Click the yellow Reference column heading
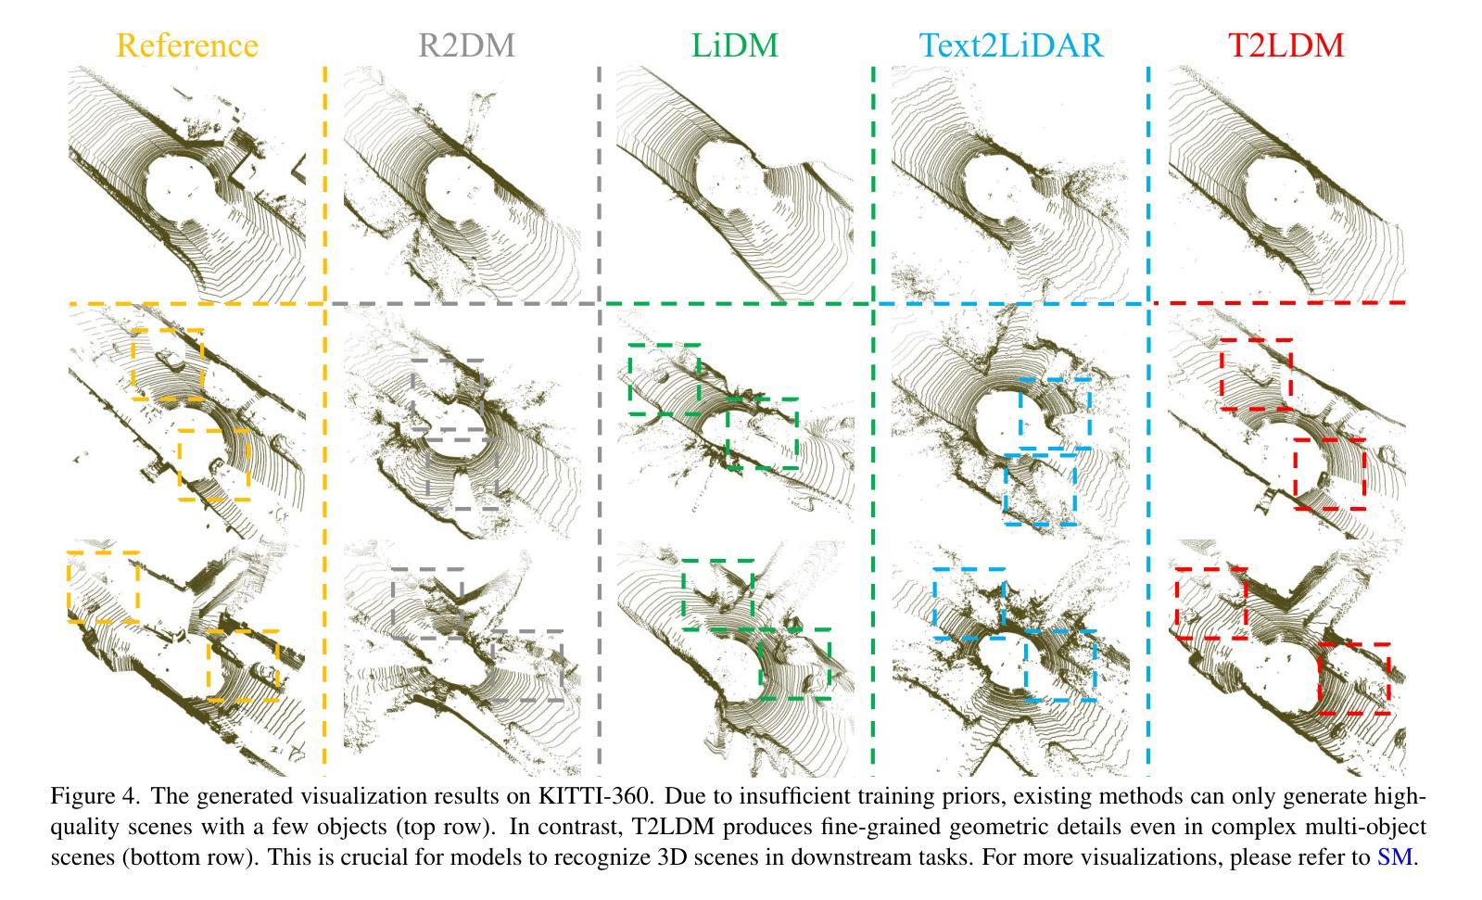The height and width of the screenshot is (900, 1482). (187, 44)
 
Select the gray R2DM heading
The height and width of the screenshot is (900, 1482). (465, 44)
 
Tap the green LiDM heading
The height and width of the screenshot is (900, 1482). (735, 44)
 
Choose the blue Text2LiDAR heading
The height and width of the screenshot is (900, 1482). (1011, 44)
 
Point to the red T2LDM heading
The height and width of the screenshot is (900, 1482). (1286, 44)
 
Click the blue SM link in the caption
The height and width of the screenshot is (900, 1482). (1394, 856)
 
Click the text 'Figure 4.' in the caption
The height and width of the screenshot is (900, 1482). (96, 795)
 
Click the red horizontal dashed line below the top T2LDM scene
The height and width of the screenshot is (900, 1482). (1279, 302)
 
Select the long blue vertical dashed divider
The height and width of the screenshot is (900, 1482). (1148, 417)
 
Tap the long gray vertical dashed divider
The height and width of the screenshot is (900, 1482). (600, 417)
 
